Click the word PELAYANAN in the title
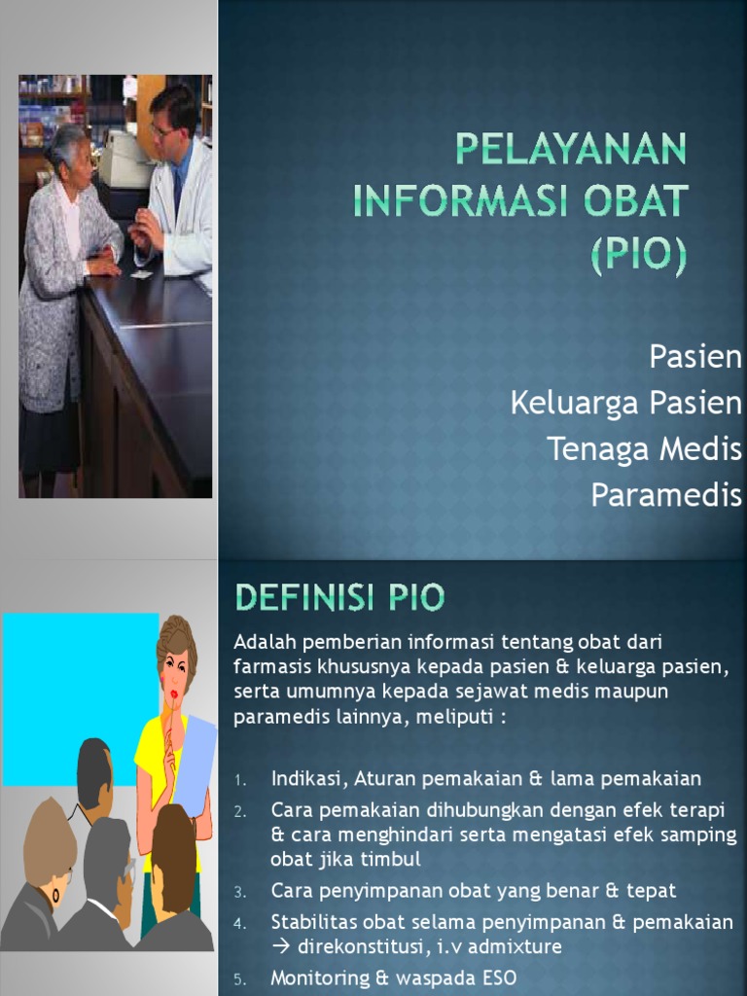point(571,150)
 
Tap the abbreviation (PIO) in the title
point(638,257)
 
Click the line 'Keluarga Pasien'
point(625,403)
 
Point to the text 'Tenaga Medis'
point(643,448)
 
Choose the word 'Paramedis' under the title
point(666,494)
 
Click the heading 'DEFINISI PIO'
point(338,596)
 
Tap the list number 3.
point(240,892)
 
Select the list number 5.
point(240,978)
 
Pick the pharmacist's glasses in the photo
point(162,128)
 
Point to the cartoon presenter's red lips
point(174,694)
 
